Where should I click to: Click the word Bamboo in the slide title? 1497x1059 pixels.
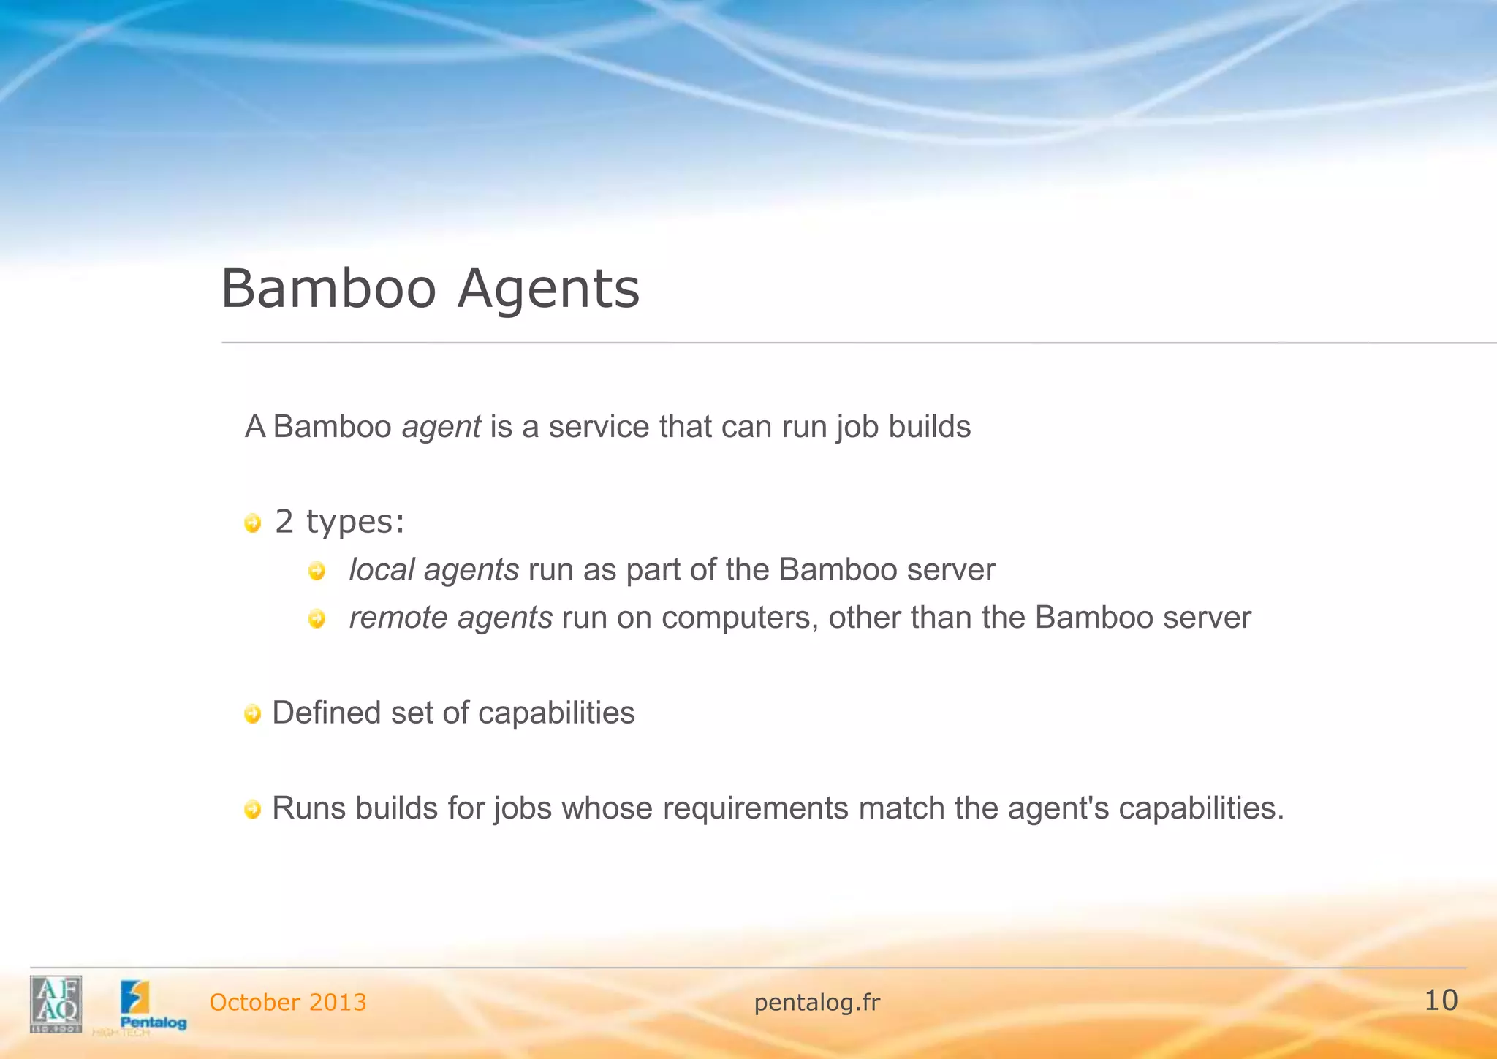point(329,289)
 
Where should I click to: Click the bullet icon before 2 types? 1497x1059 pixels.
point(252,523)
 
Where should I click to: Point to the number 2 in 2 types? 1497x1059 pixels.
point(284,522)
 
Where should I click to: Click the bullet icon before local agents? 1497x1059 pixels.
point(317,571)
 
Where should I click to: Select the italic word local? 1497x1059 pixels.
point(381,570)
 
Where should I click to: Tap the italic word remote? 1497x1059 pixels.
point(398,618)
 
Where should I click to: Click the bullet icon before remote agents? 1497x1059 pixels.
point(317,619)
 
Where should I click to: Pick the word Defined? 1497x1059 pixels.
point(326,713)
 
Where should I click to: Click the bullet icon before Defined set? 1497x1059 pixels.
point(252,714)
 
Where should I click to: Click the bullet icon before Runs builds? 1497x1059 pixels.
point(252,810)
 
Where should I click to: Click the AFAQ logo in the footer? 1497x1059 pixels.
point(56,1004)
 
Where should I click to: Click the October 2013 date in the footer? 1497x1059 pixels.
point(288,1003)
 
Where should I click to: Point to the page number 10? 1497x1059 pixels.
point(1441,1001)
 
